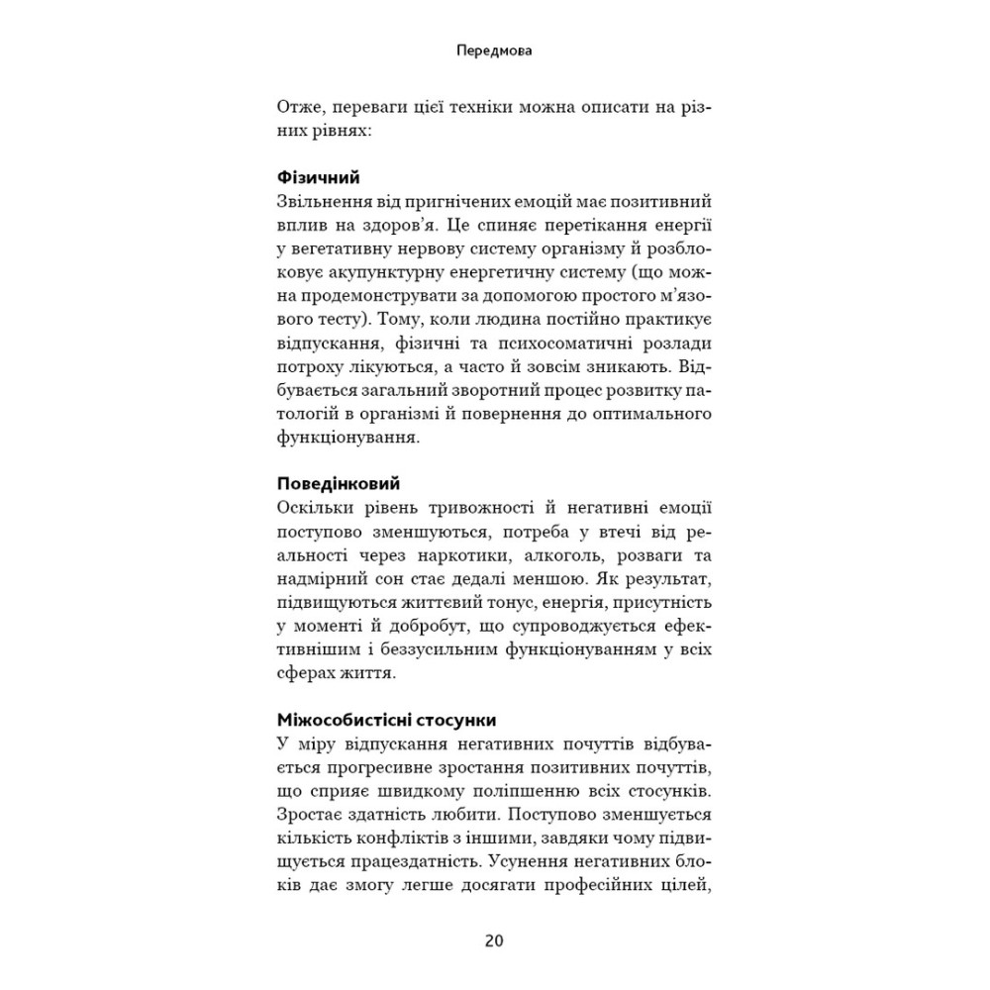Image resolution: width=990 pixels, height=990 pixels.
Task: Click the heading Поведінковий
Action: click(x=337, y=485)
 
